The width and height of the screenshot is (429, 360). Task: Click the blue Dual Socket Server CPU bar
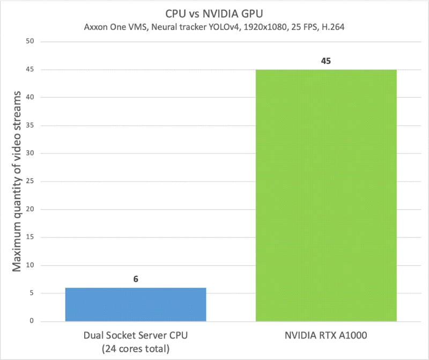coord(136,304)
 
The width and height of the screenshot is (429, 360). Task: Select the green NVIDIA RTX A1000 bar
coord(326,196)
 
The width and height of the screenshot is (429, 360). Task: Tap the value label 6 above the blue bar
coord(136,279)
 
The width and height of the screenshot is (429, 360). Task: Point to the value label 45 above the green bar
coord(326,61)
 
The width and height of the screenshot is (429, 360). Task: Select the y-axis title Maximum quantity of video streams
coord(17,181)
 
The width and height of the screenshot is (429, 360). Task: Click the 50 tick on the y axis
coord(30,42)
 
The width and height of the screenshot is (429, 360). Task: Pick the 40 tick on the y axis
coord(30,97)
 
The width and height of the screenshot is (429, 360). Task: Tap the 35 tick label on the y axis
coord(30,125)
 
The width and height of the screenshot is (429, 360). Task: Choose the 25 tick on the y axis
coord(30,182)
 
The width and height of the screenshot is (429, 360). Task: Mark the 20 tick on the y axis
coord(30,209)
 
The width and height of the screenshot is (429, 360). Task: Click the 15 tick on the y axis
coord(30,237)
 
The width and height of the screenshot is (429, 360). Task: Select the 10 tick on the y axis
coord(30,265)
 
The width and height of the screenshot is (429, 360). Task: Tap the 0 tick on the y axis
coord(32,321)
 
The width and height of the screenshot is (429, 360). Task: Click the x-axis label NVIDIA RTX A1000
coord(326,336)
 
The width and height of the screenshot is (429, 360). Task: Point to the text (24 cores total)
coord(136,349)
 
